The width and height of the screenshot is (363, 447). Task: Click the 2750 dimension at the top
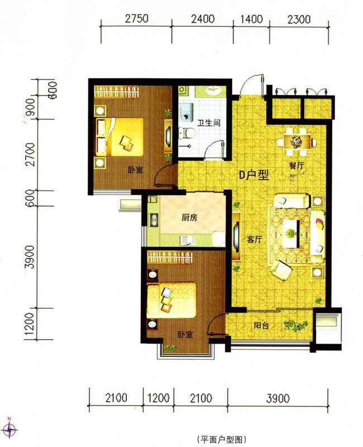(x=137, y=18)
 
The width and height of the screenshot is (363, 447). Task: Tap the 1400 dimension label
(x=252, y=19)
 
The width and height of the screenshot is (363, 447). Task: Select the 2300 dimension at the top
(x=299, y=20)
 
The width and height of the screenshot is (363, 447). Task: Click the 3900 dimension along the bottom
(x=278, y=398)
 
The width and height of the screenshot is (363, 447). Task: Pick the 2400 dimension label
(x=203, y=19)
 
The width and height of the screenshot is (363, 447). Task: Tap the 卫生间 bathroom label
(x=209, y=123)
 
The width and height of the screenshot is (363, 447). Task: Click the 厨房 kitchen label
(x=189, y=218)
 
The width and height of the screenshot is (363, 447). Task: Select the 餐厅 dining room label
(x=297, y=165)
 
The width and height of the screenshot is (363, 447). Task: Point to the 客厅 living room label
(x=254, y=240)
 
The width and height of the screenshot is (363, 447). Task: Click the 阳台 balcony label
(x=261, y=326)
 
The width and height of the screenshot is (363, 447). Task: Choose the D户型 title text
(x=254, y=175)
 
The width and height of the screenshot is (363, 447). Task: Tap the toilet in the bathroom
(x=187, y=133)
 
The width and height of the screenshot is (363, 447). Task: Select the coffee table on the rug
(x=291, y=234)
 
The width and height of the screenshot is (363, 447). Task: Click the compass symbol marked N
(x=10, y=429)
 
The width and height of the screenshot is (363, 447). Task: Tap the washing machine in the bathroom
(x=186, y=113)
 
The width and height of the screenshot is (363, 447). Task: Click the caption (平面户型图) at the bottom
(x=221, y=439)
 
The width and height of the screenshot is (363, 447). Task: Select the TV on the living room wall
(x=236, y=236)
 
